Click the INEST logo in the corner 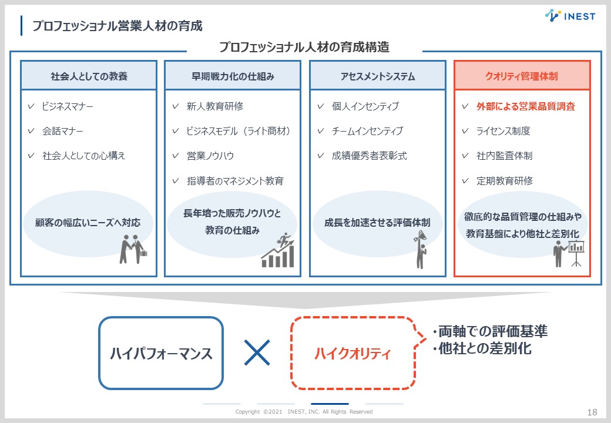(569, 16)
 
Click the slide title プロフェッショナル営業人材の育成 (117, 26)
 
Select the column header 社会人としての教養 (89, 76)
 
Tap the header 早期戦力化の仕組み (233, 76)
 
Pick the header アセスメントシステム (377, 76)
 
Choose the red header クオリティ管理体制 (522, 76)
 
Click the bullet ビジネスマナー (68, 106)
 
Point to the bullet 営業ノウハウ (210, 156)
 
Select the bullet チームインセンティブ (367, 131)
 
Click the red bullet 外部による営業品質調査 (526, 106)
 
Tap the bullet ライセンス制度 (503, 131)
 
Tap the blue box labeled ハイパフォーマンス (161, 353)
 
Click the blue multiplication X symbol (257, 352)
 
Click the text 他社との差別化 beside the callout (485, 348)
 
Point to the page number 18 (592, 412)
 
